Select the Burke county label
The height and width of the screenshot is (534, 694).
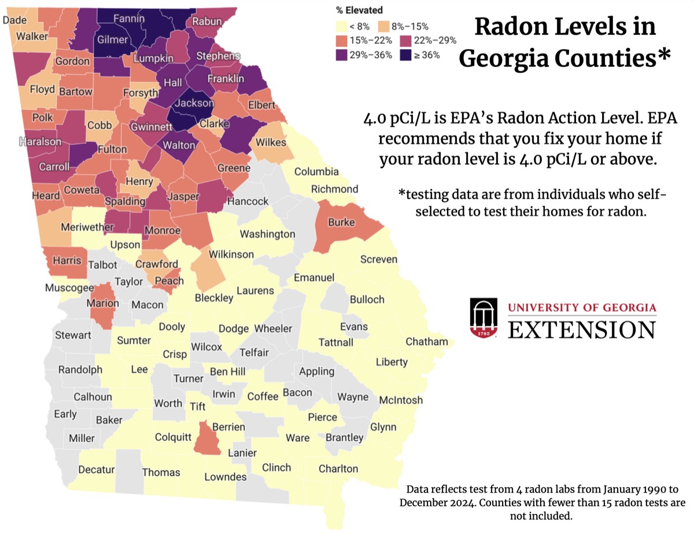pos(341,222)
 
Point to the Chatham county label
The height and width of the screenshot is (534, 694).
pos(427,341)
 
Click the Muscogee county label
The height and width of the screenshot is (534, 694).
pos(69,288)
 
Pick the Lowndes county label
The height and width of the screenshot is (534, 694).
pos(226,477)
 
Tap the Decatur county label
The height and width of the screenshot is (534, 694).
pos(97,469)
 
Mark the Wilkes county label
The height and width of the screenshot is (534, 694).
pos(271,142)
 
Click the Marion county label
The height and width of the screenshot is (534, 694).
pos(102,303)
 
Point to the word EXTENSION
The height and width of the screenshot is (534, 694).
pos(582,330)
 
